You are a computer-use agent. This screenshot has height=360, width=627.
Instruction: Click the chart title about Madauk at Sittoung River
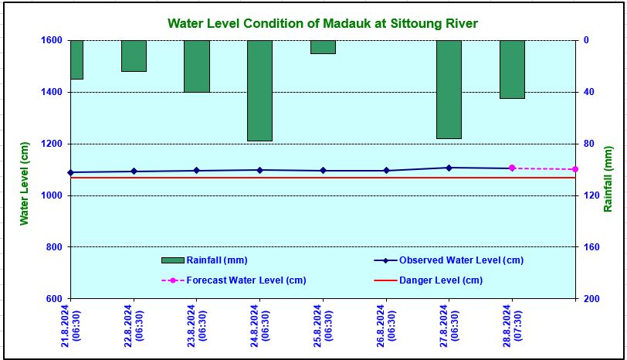coord(322,24)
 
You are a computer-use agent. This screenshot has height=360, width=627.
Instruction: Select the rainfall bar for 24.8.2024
coord(259,90)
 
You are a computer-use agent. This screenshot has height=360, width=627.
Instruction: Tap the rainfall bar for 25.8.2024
coord(323,47)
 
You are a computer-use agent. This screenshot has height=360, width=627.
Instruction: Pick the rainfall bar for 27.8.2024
coord(449,89)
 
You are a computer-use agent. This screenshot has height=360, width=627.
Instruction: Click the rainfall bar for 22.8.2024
coord(134,56)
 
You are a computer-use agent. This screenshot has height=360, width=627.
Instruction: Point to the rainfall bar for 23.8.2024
coord(197,66)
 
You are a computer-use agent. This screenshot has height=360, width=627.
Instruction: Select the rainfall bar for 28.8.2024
coord(512,70)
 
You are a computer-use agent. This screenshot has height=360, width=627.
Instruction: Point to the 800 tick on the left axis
coord(55,247)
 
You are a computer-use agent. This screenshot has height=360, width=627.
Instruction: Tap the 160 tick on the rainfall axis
coord(588,247)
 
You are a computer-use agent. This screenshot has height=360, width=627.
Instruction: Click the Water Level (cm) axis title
coord(24,183)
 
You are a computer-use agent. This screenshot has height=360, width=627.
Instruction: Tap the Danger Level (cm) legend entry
coord(440,280)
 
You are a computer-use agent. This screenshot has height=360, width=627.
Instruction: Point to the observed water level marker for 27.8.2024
coord(449,168)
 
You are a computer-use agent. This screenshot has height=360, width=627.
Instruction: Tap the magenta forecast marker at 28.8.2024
coord(512,168)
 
